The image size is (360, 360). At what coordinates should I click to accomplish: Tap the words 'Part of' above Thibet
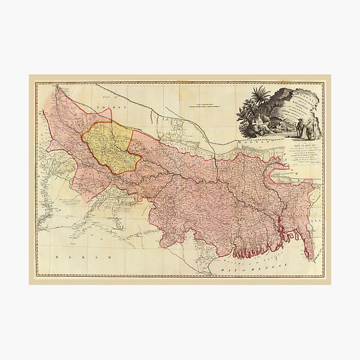(108, 98)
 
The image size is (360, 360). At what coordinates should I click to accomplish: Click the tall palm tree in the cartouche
(262, 99)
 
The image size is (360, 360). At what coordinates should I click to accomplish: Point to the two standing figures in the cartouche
(305, 128)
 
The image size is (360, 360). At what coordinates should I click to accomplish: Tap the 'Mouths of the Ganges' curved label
(240, 260)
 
